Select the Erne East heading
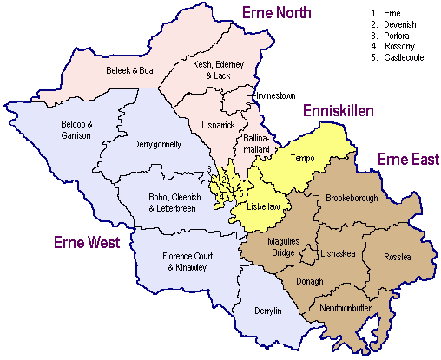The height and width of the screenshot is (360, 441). tap(407, 158)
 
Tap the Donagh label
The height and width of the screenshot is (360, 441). tap(309, 281)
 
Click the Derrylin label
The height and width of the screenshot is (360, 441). tap(268, 310)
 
